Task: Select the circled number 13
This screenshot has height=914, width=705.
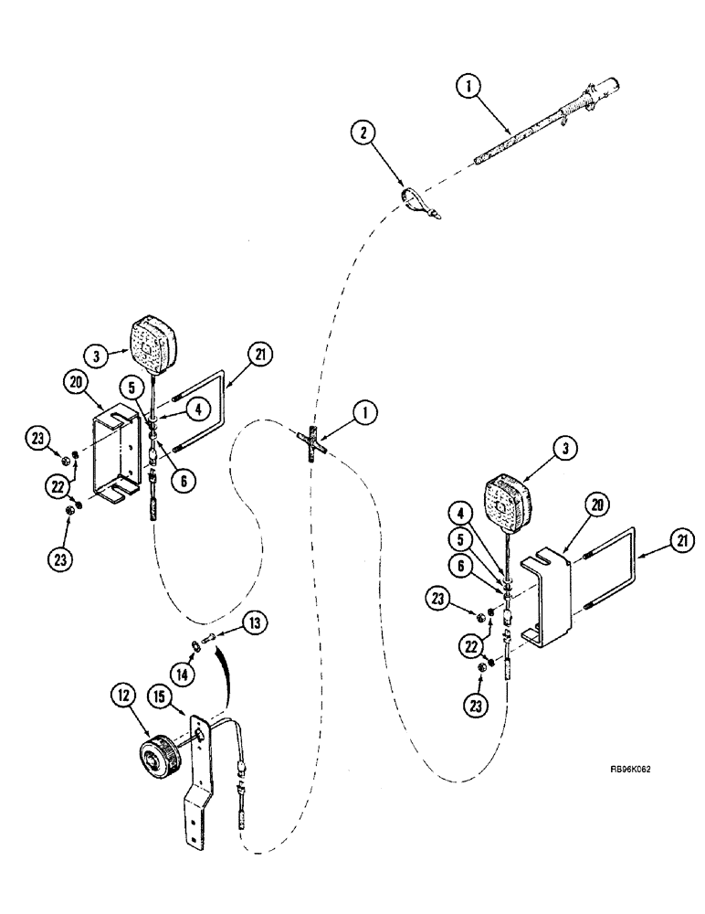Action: coord(256,624)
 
